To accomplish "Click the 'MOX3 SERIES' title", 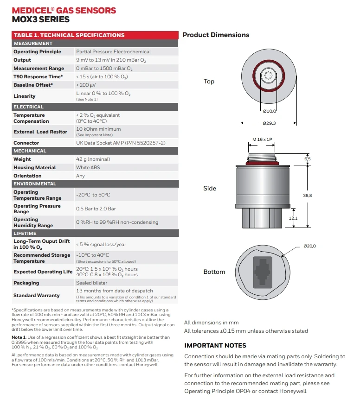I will click(x=40, y=19).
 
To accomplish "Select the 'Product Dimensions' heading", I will click(x=216, y=35).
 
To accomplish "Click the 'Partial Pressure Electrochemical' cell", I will click(x=113, y=52).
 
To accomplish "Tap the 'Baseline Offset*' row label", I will click(x=33, y=85).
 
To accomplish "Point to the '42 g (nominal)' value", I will click(x=93, y=159).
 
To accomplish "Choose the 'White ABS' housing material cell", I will click(x=89, y=168).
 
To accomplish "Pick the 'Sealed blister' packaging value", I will click(x=91, y=283).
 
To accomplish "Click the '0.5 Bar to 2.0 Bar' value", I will click(x=96, y=209).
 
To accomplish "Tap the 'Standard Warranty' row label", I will click(x=36, y=296).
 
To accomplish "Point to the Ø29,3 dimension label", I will click(x=269, y=123).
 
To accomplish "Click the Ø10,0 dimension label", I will click(x=269, y=111).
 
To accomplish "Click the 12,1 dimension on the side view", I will click(x=293, y=218).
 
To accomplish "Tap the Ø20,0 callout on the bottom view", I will click(x=309, y=246).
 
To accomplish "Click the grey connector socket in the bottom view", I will click(x=263, y=272).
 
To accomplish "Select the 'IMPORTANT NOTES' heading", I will click(x=215, y=346).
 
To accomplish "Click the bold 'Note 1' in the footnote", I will click(x=18, y=337).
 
